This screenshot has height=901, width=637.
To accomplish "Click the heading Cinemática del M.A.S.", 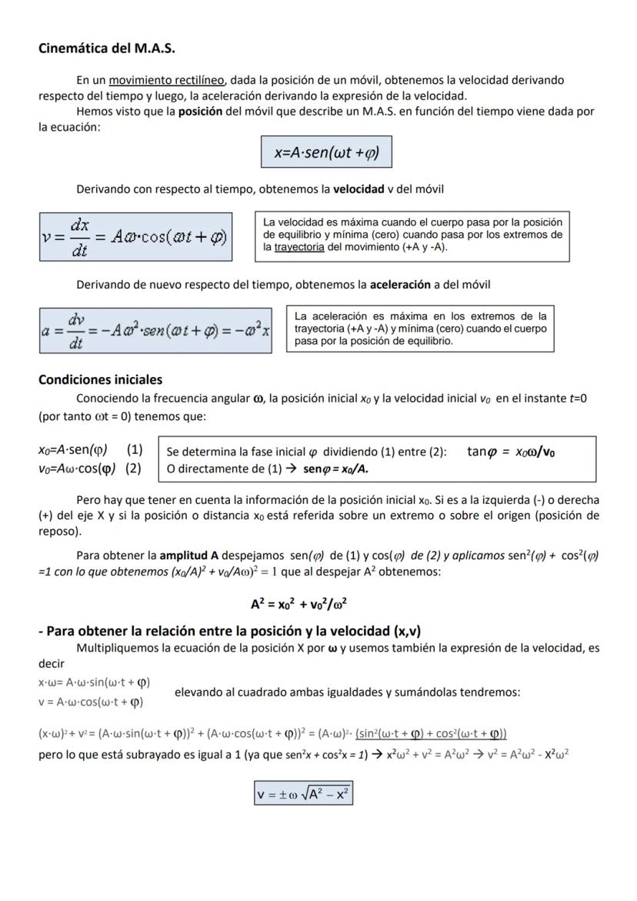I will point(107,48).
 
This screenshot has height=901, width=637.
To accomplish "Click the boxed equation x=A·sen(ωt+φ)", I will point(327,152).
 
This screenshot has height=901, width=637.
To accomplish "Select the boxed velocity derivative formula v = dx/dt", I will point(135,238).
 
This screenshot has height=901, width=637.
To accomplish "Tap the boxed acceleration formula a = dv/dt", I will point(155,330).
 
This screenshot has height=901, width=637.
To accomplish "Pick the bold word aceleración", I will point(400,285).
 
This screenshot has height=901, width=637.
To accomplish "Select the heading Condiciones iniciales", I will point(100,379).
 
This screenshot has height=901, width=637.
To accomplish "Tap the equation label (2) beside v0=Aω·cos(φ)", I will point(133,468).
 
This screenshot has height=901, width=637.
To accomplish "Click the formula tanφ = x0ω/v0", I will point(511,452).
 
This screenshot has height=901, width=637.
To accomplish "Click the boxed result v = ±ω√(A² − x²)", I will point(304,793).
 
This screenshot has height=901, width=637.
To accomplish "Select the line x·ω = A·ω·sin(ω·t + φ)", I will point(94,682).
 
